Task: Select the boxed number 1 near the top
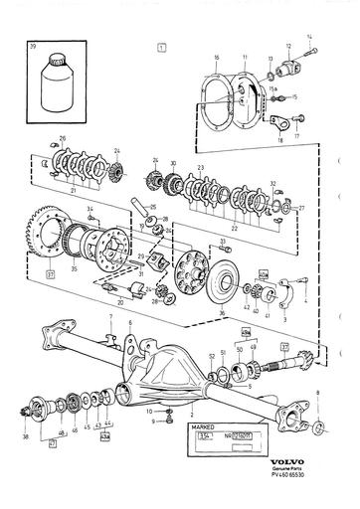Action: tap(161, 47)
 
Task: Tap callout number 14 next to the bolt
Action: tap(308, 37)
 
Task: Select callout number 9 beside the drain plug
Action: tap(140, 420)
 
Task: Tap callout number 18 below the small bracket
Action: tap(279, 143)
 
